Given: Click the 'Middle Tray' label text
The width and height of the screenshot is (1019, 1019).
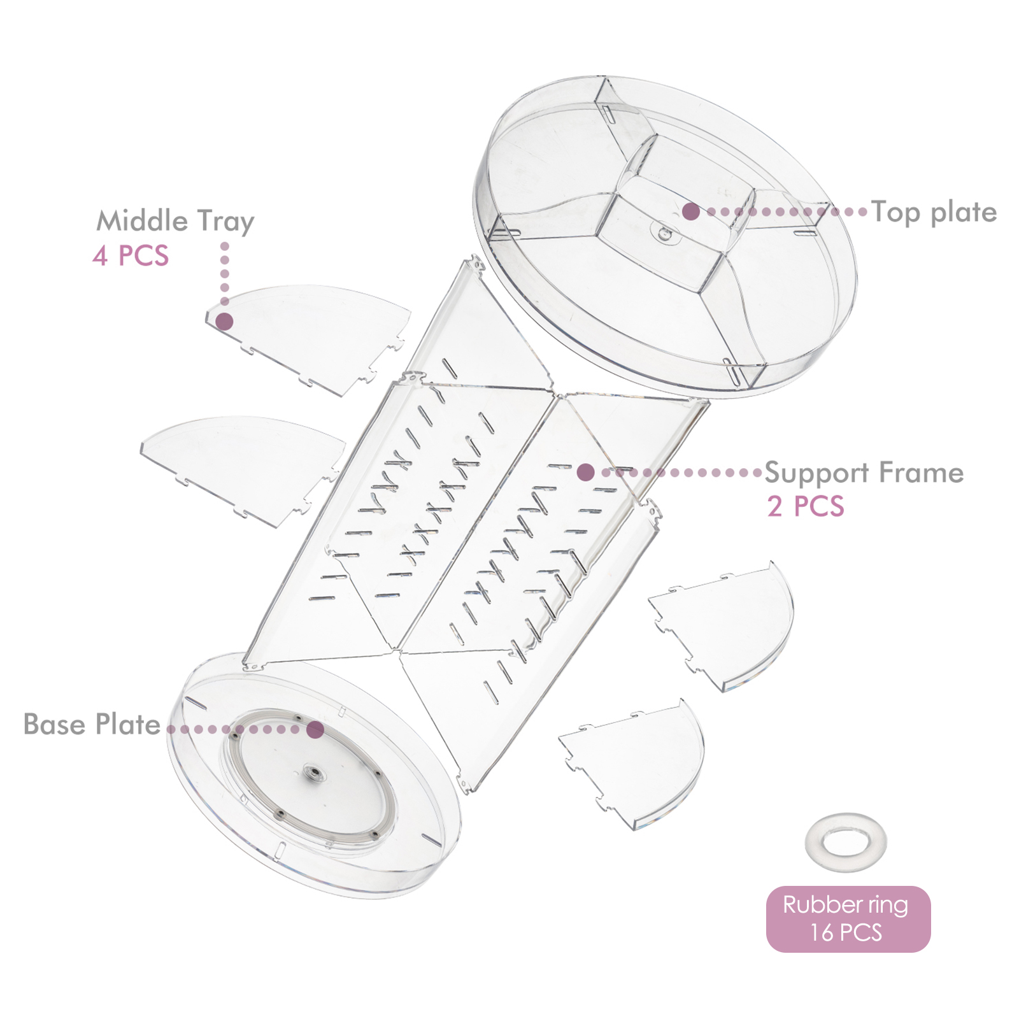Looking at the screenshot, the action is point(175,222).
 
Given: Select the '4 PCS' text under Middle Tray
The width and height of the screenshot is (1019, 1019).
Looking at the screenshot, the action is point(131,256).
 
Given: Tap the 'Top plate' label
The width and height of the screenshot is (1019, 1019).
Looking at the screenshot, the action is point(934,213).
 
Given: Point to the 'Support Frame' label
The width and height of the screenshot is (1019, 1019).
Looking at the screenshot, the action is point(864,473).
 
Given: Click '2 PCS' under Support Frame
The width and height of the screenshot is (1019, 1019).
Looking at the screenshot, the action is point(806,507).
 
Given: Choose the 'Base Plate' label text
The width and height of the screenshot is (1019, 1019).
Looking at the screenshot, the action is point(92,725).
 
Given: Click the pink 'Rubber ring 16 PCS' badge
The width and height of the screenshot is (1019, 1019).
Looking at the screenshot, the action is point(848,919).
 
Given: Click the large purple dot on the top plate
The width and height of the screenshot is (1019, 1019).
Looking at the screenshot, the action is point(691,211).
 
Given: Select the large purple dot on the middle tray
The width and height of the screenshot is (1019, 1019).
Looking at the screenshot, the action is point(224,321).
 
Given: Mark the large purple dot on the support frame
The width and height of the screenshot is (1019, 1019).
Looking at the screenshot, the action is point(586,472).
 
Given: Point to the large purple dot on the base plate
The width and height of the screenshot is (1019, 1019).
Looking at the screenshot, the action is point(315,730).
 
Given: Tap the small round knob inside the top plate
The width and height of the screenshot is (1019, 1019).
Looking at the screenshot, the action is point(665,234).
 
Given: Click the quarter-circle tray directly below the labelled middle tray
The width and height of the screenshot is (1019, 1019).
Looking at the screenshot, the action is point(243,468).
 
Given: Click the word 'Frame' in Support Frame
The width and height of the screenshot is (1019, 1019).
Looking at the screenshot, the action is point(922,473).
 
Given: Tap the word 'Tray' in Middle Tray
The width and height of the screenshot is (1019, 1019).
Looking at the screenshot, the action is point(226,222).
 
